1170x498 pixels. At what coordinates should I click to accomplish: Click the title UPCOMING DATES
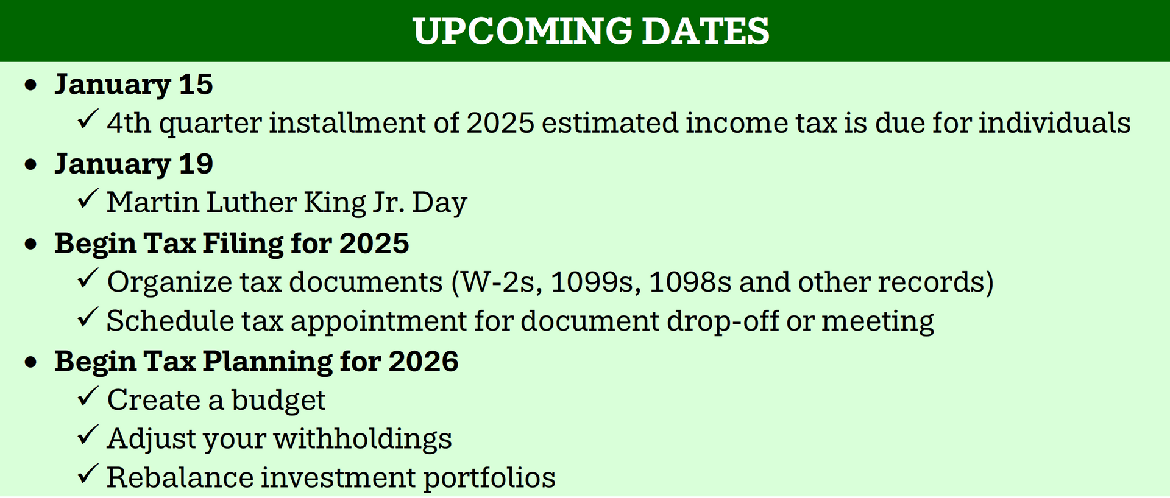(x=590, y=31)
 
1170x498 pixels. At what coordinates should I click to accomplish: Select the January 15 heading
(x=133, y=85)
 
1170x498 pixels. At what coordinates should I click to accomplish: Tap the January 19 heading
(x=133, y=164)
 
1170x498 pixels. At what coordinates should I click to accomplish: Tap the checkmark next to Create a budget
(x=88, y=396)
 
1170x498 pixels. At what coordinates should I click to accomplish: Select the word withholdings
(x=362, y=439)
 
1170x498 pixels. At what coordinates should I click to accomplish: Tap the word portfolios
(x=489, y=478)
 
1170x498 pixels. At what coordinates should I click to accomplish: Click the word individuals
(x=1054, y=122)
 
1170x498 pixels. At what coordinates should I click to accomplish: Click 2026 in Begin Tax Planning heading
(x=424, y=361)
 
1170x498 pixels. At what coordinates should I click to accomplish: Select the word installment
(x=347, y=122)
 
